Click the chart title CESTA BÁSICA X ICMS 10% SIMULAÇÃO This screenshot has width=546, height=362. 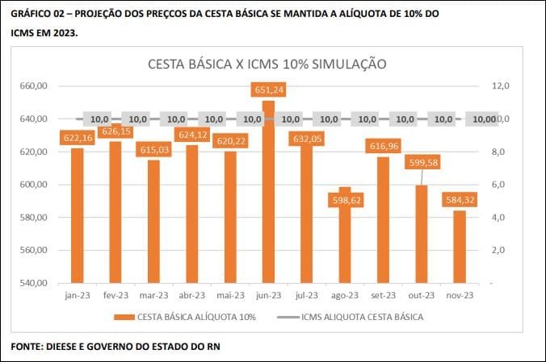coord(267,64)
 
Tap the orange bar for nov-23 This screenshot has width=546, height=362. coord(460,246)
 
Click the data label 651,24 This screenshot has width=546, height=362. coord(268,89)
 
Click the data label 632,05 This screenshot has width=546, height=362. coord(307,138)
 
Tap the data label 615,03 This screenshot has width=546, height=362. coord(153,150)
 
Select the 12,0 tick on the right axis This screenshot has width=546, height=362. coord(501,86)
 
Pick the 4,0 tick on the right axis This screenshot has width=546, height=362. coord(499,218)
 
